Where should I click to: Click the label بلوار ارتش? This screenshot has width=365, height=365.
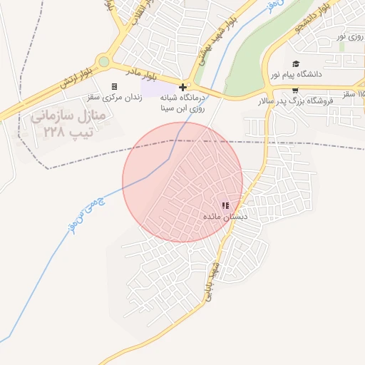pos(78,78)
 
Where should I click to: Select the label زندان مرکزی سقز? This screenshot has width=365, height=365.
pos(115,96)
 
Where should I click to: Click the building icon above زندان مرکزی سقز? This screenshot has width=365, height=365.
pos(114,86)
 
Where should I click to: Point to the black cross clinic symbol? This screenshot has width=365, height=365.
pos(182,86)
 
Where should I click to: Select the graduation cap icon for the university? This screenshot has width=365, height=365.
pos(295,64)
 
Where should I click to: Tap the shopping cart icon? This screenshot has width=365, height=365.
pos(295,91)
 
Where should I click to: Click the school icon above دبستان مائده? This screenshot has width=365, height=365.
pos(225,205)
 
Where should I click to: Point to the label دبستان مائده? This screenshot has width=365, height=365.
pos(225,216)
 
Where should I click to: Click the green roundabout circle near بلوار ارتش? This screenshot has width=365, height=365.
pos(105,61)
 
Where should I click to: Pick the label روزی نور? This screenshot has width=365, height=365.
pos(350,36)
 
